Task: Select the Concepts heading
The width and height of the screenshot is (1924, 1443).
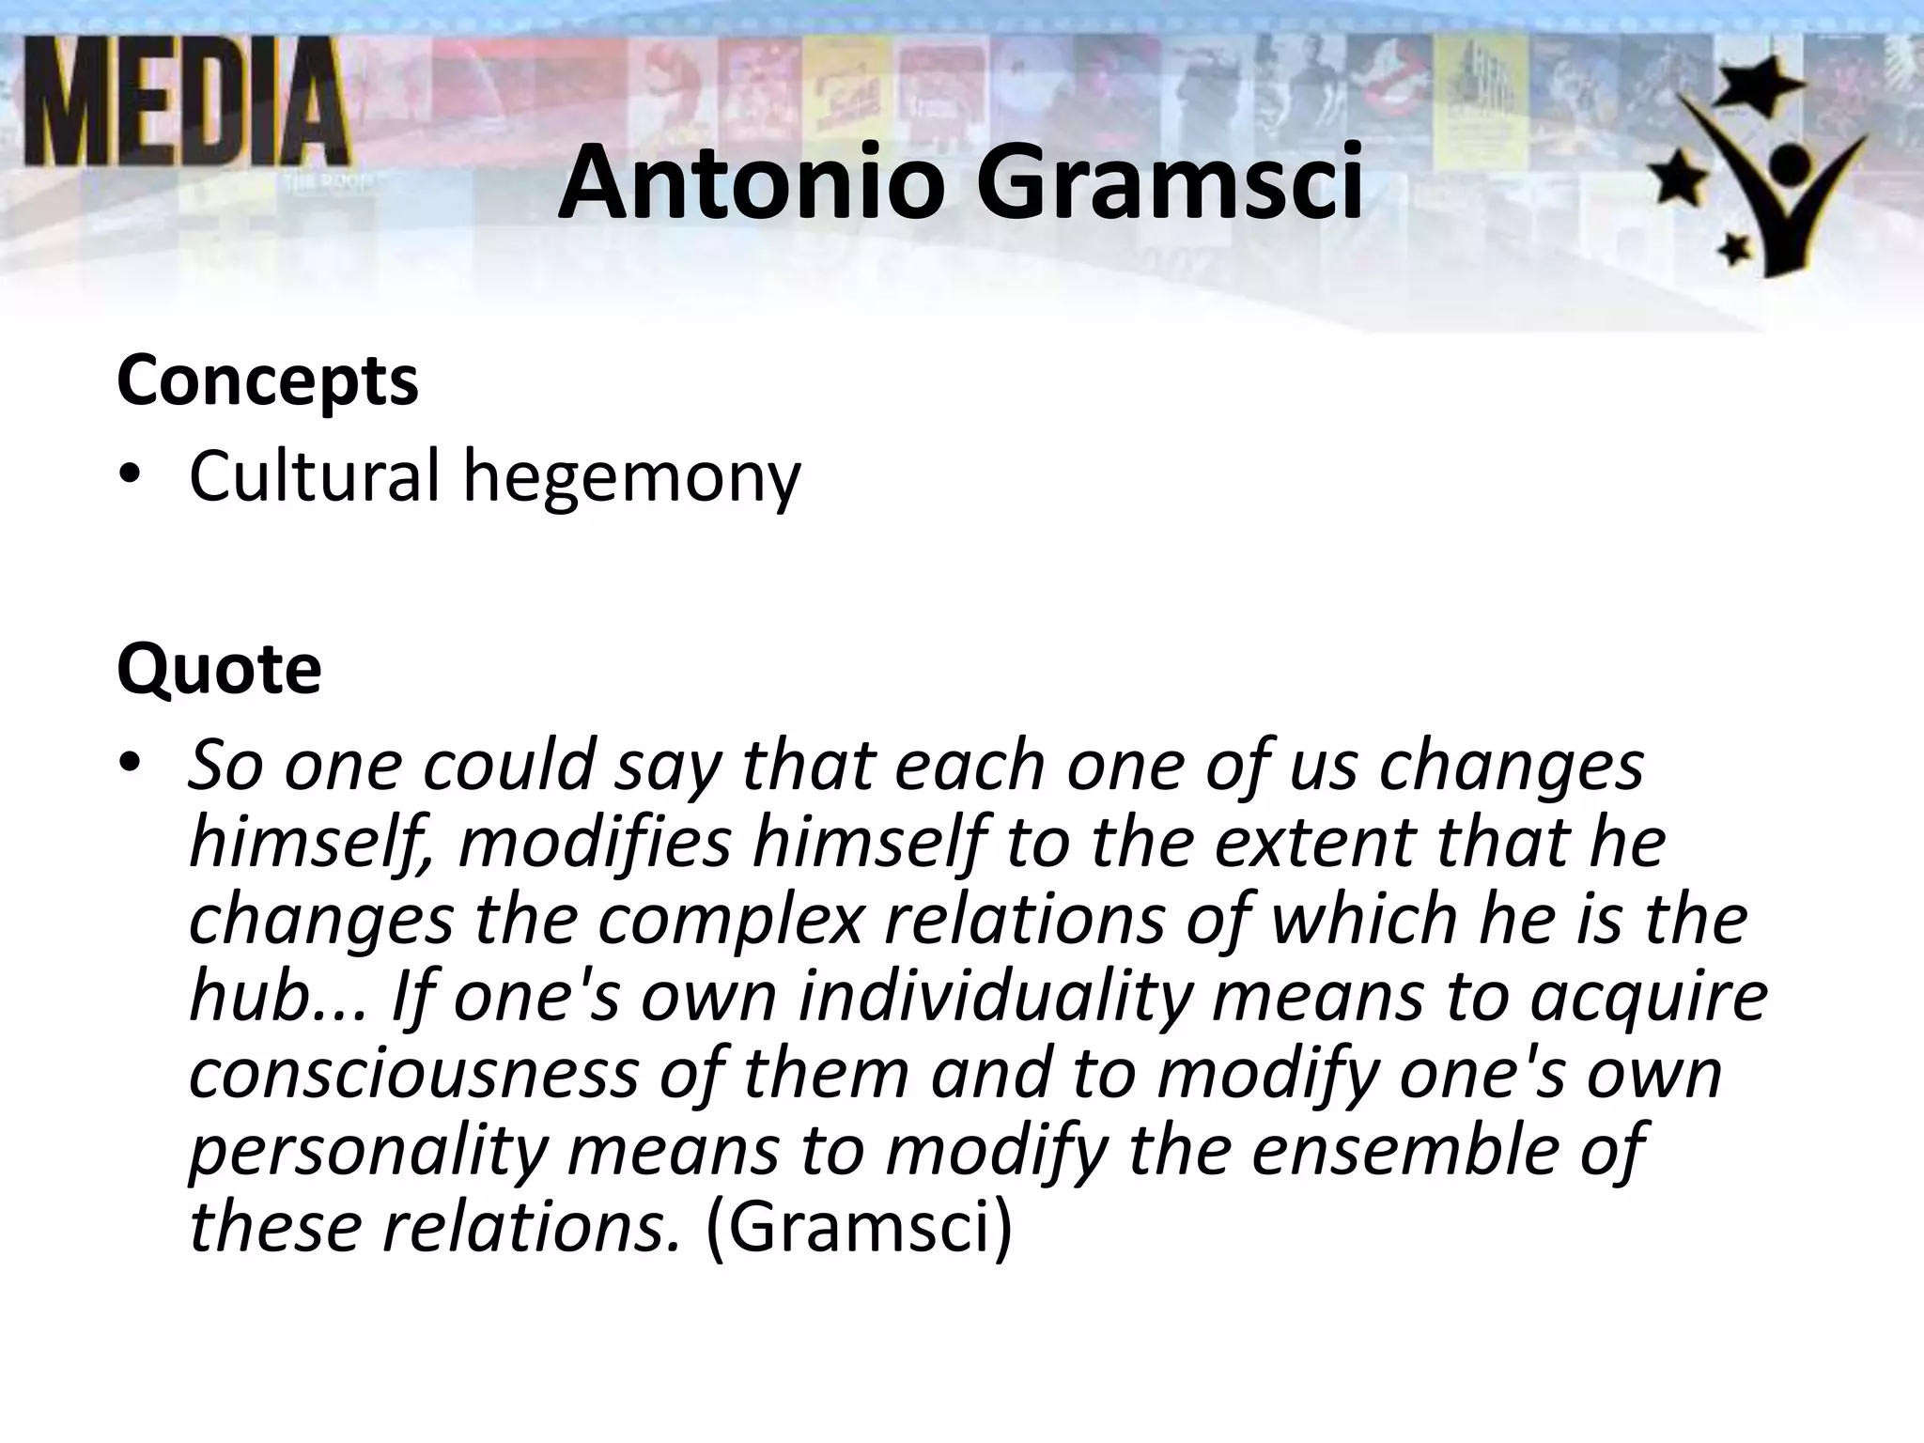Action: coord(268,381)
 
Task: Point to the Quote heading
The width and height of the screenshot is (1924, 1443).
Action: coord(219,669)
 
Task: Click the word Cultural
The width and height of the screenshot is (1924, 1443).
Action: coord(314,476)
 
